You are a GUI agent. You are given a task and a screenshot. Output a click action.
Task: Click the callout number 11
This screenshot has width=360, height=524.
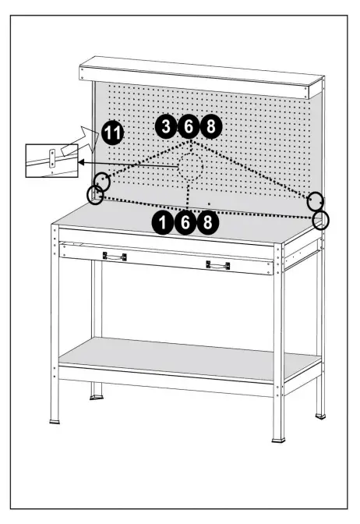point(112,134)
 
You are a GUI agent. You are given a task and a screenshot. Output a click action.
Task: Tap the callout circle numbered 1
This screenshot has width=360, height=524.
point(164,223)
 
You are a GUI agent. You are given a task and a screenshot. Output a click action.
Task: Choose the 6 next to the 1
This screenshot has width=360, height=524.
point(186,223)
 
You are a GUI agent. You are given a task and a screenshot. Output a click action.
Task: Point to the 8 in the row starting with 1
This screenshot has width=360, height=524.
point(208,223)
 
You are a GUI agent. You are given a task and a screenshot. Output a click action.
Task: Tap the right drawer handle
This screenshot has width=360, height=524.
point(217,265)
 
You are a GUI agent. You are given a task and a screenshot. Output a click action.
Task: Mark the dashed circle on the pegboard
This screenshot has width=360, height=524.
point(190,167)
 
